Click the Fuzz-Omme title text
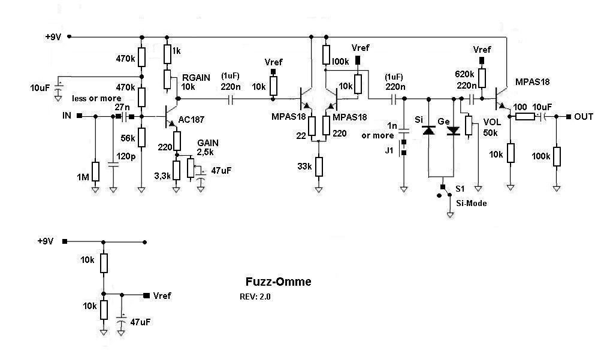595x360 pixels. (279, 282)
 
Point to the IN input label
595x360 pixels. (67, 116)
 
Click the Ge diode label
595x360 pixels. (444, 121)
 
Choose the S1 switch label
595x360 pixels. (461, 191)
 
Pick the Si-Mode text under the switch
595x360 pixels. (472, 204)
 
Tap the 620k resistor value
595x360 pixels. (465, 74)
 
